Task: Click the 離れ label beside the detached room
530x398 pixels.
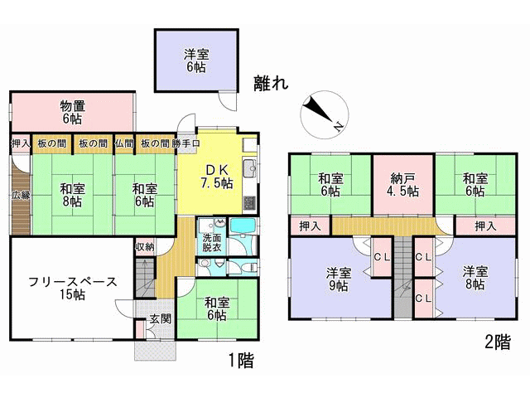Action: [271, 83]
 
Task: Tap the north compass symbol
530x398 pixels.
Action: [324, 114]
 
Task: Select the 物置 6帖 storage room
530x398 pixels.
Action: [73, 112]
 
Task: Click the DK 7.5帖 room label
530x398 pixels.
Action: [217, 177]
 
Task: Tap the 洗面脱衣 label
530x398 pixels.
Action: [212, 242]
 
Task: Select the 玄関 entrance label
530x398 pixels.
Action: [161, 318]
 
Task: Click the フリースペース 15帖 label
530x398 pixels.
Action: [73, 288]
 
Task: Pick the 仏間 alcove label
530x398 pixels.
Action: [124, 143]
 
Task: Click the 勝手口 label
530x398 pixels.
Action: [185, 143]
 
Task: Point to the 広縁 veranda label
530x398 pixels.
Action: [21, 195]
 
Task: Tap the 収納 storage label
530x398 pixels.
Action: [145, 247]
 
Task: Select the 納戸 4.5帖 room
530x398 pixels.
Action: [403, 185]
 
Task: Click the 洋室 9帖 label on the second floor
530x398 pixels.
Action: [339, 279]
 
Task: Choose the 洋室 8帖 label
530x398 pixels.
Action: [475, 278]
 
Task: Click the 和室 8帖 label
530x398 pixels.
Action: [72, 195]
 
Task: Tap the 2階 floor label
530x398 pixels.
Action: [498, 342]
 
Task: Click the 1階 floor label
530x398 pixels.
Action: [241, 360]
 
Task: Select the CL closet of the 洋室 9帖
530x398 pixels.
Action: [382, 257]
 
